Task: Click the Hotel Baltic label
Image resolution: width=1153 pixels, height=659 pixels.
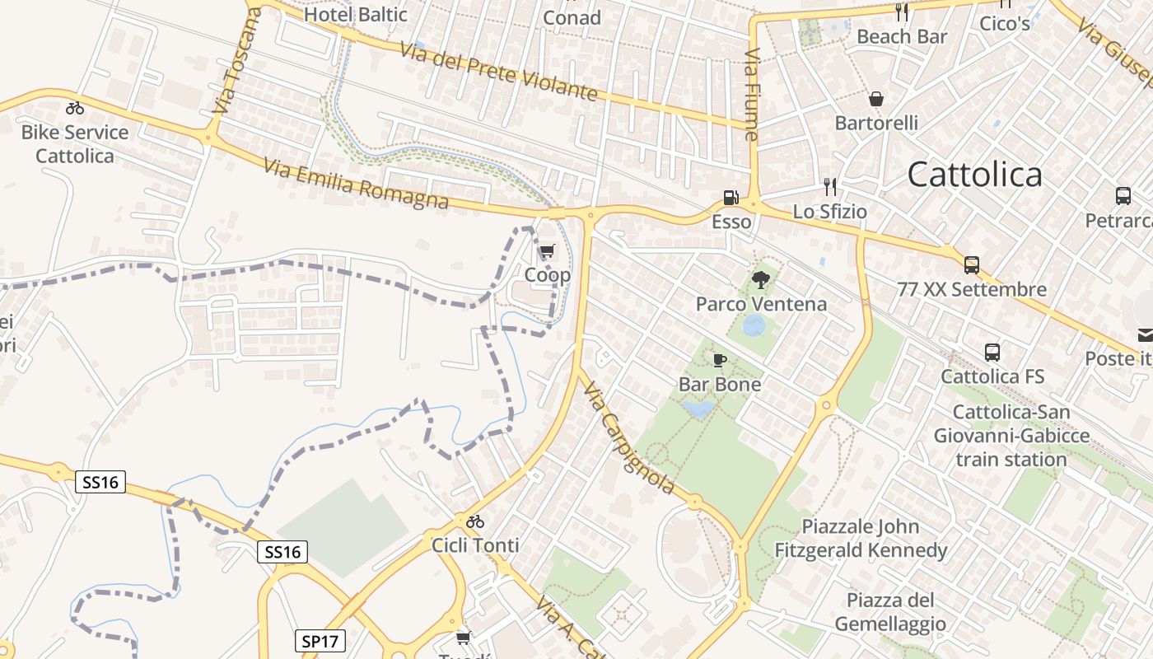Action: click(356, 14)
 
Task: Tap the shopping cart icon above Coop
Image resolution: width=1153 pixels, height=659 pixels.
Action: click(547, 251)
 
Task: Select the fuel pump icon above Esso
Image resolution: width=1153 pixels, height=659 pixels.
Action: click(731, 198)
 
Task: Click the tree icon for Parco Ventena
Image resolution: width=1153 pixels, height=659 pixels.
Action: click(761, 279)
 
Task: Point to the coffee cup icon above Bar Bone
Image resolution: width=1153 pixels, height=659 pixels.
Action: click(720, 360)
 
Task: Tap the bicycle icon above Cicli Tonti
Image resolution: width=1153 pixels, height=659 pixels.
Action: click(475, 521)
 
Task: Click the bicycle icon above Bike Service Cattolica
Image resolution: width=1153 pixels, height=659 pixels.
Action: click(75, 108)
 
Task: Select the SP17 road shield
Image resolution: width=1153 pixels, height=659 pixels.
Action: click(320, 641)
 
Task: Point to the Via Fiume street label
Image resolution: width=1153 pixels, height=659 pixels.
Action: click(751, 95)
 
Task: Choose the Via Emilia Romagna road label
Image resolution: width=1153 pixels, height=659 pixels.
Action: click(357, 184)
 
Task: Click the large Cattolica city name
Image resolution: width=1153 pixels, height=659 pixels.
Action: click(974, 175)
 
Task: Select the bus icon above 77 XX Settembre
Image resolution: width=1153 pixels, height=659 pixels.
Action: click(972, 265)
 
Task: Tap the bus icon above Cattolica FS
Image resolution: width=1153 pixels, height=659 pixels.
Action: click(992, 353)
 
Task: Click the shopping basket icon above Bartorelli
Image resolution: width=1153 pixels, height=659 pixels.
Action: click(876, 99)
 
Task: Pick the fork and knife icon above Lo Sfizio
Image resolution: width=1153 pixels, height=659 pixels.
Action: click(830, 187)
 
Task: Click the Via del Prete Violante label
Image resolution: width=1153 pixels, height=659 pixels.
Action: click(498, 71)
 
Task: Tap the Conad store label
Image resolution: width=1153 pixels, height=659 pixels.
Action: click(572, 16)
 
